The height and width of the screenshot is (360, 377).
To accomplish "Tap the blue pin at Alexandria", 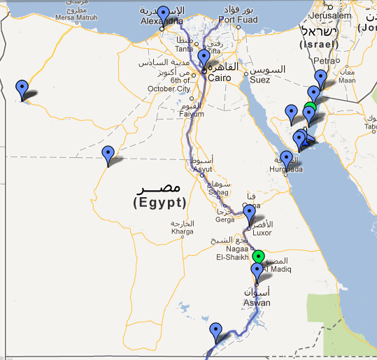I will [x=163, y=14].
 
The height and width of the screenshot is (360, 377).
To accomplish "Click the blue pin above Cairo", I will [x=204, y=57].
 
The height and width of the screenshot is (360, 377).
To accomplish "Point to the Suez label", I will [x=260, y=80].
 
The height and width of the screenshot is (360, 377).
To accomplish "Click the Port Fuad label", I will [x=233, y=20].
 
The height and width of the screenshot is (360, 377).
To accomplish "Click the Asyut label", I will [x=201, y=169].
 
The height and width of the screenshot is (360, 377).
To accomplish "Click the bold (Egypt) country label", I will [x=159, y=203].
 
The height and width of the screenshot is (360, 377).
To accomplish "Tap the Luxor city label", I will [x=261, y=233].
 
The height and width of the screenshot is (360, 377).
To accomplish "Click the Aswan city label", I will [x=256, y=302].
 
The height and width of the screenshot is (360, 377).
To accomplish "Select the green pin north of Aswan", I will [x=259, y=257].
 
